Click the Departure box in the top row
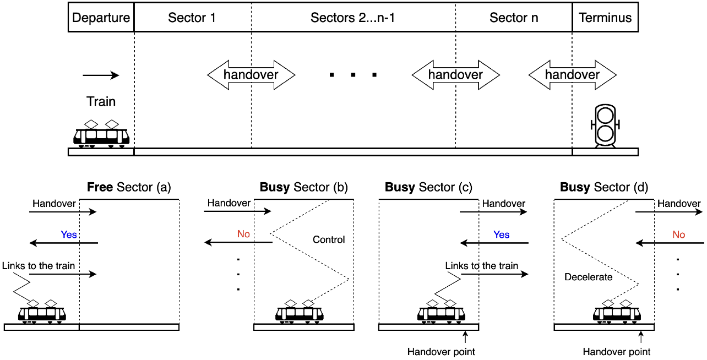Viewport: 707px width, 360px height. [101, 18]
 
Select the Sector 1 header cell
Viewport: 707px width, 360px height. [192, 18]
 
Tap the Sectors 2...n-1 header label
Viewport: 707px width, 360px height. [353, 18]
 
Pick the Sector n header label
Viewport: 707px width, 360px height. [514, 18]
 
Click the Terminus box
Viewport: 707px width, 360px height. [605, 18]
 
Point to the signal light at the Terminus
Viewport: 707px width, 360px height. [605, 126]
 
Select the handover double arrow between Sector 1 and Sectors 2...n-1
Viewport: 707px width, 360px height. [251, 75]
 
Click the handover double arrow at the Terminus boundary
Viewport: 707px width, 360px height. [572, 75]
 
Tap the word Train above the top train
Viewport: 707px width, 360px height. [101, 102]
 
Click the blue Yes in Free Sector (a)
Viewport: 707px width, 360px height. [69, 234]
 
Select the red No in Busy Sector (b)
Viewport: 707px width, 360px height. [243, 234]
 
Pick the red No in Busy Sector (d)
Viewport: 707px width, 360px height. [678, 234]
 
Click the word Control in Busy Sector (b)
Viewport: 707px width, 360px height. [329, 239]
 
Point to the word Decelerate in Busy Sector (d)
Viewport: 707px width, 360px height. [589, 277]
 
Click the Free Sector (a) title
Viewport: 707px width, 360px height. [129, 188]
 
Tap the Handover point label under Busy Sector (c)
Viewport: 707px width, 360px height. [441, 351]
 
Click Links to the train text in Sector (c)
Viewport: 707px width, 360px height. [482, 266]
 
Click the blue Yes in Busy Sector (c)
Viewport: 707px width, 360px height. [502, 234]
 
